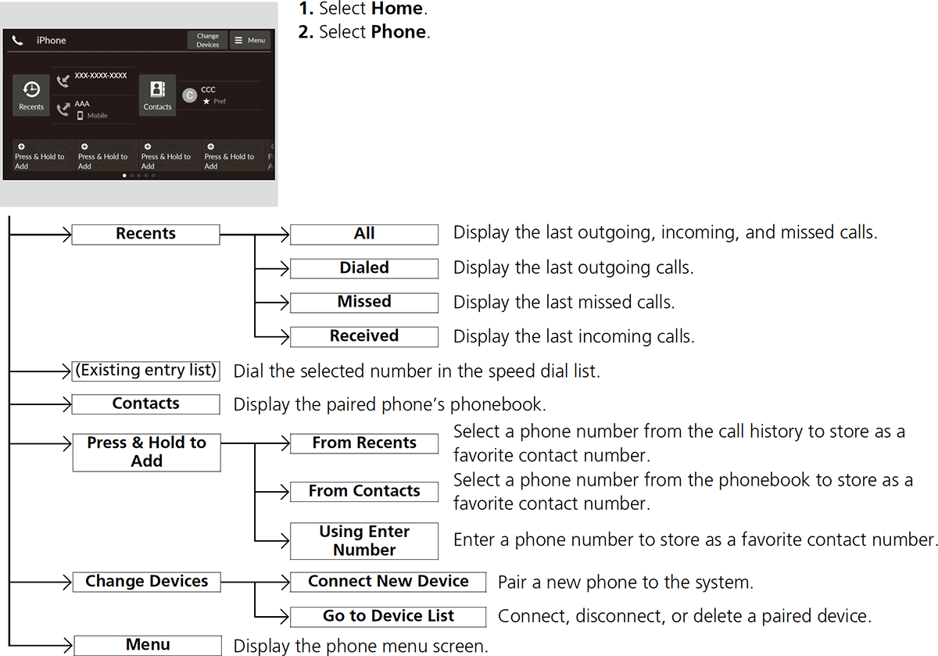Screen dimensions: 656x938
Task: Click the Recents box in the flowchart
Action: coord(145,234)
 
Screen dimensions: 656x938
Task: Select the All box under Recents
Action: coord(363,234)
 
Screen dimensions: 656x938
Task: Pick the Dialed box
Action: coord(363,268)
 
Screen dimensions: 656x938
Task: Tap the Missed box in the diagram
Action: coord(363,302)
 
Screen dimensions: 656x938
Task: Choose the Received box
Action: coord(363,336)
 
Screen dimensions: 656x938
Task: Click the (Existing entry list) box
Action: coord(145,370)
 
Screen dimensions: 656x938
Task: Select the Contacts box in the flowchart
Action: coord(145,403)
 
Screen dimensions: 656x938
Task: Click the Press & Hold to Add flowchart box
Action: coord(146,452)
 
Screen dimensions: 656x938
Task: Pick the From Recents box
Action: coord(363,443)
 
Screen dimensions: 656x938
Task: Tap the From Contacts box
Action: coord(363,491)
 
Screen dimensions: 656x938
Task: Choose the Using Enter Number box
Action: coord(363,540)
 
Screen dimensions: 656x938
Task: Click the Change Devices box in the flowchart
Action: coord(146,582)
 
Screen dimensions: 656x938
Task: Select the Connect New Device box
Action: coord(388,582)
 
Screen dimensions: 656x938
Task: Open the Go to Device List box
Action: coord(388,616)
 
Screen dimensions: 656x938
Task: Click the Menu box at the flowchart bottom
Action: coord(147,645)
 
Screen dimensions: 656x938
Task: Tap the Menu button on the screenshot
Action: coord(250,41)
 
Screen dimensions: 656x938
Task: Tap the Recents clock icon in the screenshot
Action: coord(32,91)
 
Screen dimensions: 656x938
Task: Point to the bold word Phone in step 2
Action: coord(399,33)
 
